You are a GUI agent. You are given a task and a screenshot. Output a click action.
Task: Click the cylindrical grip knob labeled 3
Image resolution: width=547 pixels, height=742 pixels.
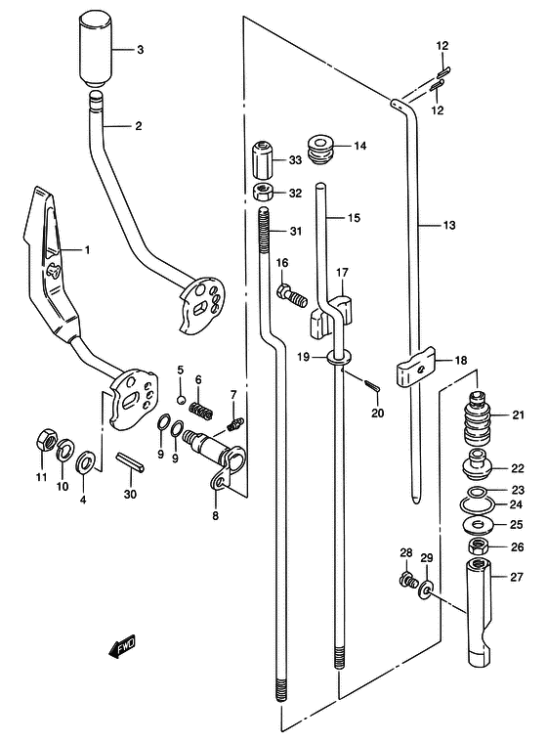(x=95, y=50)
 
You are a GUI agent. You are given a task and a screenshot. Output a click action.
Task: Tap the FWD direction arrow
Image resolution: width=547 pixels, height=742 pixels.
(x=122, y=646)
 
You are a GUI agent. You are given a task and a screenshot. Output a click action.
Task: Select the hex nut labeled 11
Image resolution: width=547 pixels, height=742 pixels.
(x=46, y=440)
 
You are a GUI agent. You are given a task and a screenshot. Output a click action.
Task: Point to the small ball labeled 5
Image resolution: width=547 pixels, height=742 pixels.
(x=180, y=400)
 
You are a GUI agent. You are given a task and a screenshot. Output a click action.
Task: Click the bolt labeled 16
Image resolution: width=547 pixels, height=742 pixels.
(x=292, y=295)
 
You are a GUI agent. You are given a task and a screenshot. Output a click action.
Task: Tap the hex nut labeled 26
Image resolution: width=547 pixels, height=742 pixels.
(x=479, y=547)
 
